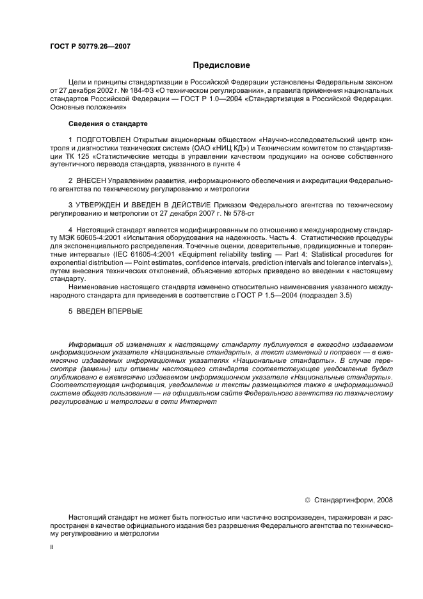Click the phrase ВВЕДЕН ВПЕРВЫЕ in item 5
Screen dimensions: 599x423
(x=109, y=312)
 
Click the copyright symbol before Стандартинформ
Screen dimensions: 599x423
(x=308, y=500)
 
